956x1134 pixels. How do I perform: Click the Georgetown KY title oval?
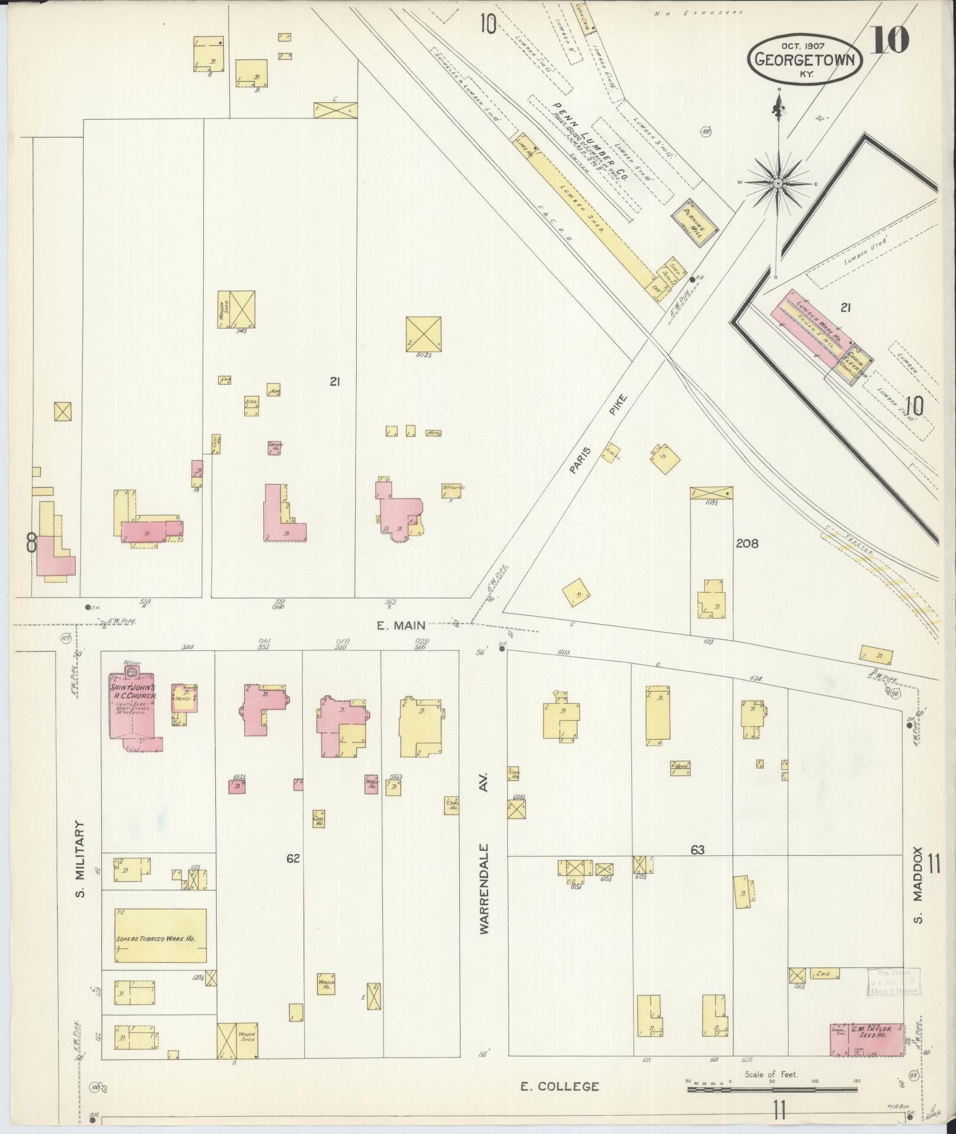804,59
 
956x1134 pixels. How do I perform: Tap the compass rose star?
777,184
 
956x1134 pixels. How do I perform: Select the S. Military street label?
82,860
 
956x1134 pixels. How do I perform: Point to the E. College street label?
559,1087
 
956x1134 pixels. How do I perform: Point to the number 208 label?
747,543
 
